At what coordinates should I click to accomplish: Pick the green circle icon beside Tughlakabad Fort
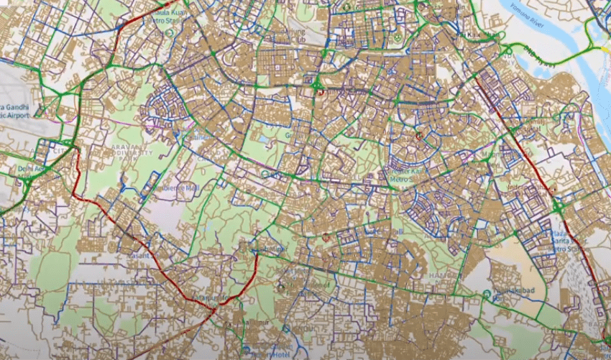pyautogui.click(x=487, y=294)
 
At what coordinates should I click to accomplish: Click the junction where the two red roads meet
pyautogui.click(x=214, y=308)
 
